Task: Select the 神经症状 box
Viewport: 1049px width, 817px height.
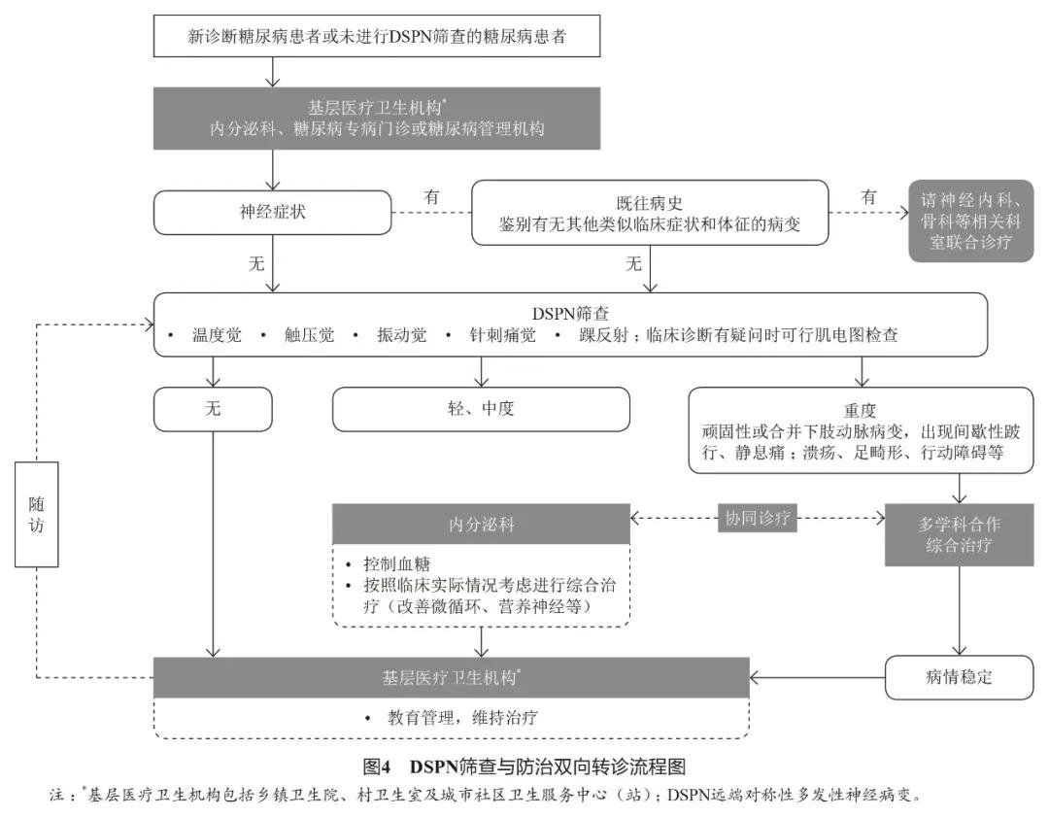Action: tap(272, 211)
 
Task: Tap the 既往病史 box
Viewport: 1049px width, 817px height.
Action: tap(650, 215)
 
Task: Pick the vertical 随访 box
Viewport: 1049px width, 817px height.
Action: tap(37, 513)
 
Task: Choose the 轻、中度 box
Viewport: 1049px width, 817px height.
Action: tap(481, 409)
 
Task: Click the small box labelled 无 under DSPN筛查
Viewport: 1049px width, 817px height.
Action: tap(213, 409)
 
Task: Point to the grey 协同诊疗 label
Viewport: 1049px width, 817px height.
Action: tap(759, 518)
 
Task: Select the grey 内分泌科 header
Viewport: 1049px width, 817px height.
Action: tap(482, 525)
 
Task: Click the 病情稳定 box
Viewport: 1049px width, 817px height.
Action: tap(959, 677)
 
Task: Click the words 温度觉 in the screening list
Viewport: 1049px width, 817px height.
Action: tap(215, 335)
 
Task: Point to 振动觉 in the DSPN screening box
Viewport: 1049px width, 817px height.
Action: tap(401, 335)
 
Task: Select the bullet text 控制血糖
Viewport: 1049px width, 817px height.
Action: tap(396, 564)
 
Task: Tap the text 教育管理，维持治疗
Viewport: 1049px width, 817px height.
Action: tap(463, 718)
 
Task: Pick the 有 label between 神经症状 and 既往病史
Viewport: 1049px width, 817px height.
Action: tap(431, 197)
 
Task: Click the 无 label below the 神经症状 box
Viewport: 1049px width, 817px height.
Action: tap(256, 263)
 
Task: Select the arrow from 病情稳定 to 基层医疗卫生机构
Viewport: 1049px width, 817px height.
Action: tap(817, 677)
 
